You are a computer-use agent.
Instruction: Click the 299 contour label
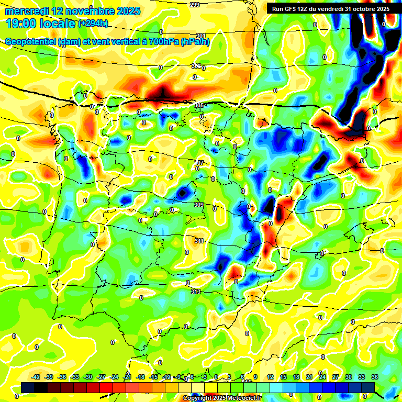(194, 5)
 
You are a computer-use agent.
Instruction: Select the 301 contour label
(200, 36)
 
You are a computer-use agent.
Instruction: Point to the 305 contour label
(199, 105)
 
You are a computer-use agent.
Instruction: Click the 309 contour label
(198, 205)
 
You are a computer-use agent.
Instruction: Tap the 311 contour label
(199, 241)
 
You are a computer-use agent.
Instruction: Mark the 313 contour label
(195, 292)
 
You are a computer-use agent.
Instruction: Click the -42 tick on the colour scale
(36, 377)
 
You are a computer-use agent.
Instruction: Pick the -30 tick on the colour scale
(88, 377)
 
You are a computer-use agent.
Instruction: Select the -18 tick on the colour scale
(140, 377)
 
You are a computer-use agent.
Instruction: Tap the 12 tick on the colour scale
(270, 377)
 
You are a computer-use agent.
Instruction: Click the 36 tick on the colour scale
(374, 377)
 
